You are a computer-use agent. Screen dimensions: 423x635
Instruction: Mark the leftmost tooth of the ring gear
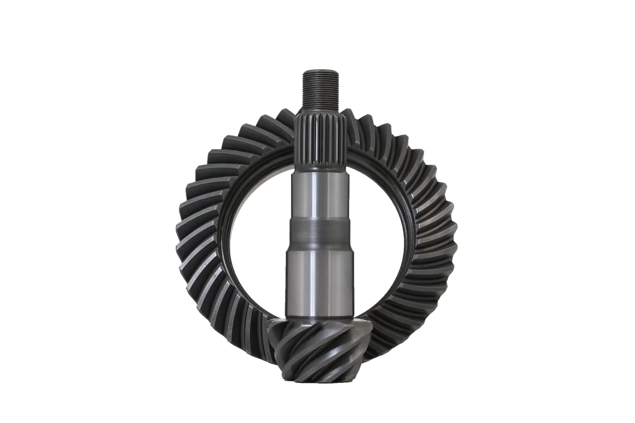click(183, 238)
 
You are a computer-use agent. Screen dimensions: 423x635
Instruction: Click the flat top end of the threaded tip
click(316, 70)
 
